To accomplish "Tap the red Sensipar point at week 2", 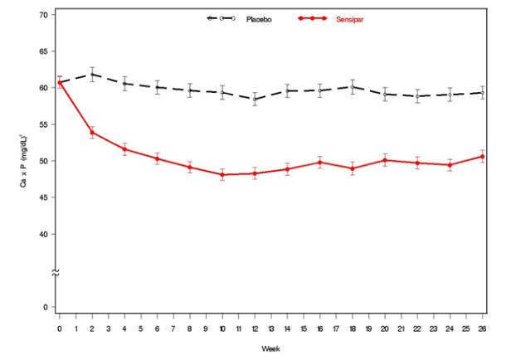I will [x=92, y=133].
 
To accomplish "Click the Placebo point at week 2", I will [x=92, y=74].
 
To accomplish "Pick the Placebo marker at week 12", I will [x=255, y=99].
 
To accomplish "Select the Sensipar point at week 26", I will [x=483, y=156].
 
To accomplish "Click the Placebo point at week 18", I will [x=353, y=86].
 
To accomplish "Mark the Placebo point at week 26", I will [x=483, y=93].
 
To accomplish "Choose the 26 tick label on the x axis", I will [x=483, y=329].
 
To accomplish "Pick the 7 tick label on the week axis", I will [x=173, y=329].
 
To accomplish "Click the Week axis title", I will [x=270, y=348].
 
